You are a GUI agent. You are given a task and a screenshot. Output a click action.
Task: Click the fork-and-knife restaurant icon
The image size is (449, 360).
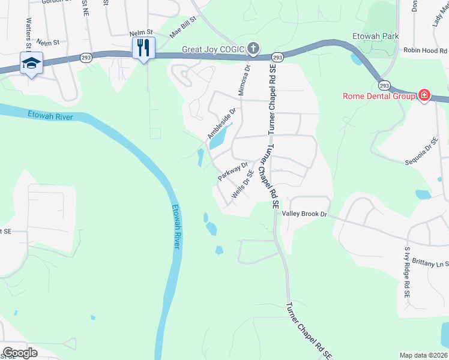click(143, 47)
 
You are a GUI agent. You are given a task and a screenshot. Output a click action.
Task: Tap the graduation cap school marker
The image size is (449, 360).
click(31, 63)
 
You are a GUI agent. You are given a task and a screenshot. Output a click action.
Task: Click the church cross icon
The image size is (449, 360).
click(253, 48)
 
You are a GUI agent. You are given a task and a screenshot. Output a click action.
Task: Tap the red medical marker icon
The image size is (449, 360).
click(424, 95)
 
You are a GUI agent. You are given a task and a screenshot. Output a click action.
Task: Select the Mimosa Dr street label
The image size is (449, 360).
click(245, 80)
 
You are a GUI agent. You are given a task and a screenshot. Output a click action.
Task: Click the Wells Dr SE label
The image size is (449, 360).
click(243, 185)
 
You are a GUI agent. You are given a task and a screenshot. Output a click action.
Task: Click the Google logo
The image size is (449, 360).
click(20, 352)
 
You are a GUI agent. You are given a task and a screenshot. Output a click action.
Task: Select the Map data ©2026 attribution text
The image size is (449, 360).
click(423, 355)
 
